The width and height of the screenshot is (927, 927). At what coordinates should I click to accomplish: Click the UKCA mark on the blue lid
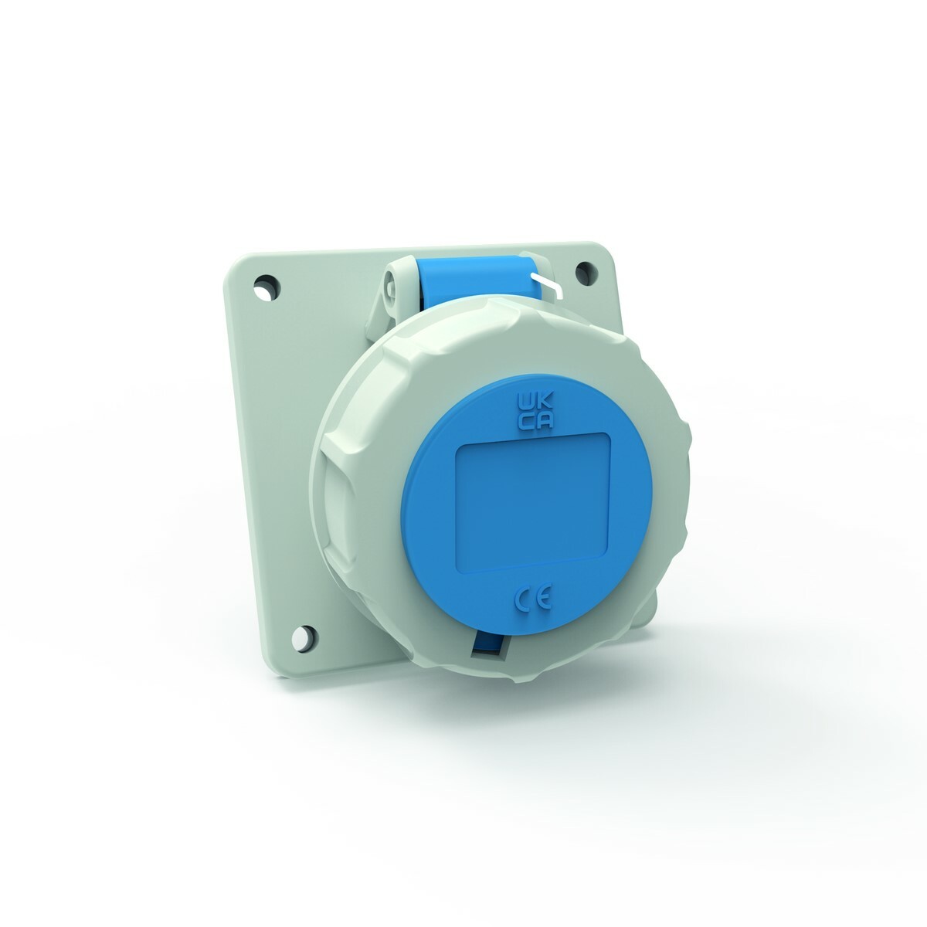point(535,410)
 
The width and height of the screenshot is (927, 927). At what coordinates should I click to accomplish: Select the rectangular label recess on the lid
point(532,502)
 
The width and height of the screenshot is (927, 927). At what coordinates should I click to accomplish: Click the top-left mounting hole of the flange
point(267,287)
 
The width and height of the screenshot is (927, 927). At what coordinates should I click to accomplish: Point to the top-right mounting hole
point(586,273)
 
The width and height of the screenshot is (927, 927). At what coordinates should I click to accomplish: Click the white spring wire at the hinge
point(545,284)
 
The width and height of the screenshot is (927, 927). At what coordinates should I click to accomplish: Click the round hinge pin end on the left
point(393,287)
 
